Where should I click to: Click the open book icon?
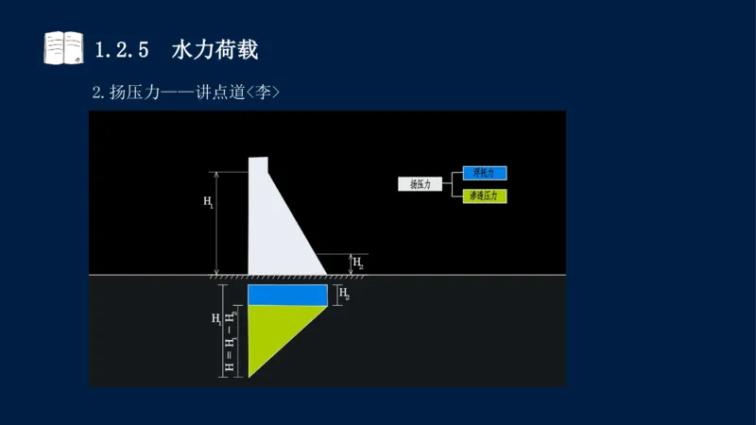pos(63,49)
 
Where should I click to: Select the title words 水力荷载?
pos(215,49)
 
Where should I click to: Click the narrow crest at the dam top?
pos(257,165)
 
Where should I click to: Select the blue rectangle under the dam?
pos(287,296)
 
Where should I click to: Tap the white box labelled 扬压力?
pos(420,184)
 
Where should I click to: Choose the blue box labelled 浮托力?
pos(485,173)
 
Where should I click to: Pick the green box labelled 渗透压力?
pos(485,196)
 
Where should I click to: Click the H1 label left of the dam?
pos(208,202)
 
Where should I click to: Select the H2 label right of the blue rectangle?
pos(344,296)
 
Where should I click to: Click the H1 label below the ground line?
pos(216,318)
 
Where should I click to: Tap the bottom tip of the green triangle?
pos(249,377)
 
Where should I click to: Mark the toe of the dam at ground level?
pos(326,274)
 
